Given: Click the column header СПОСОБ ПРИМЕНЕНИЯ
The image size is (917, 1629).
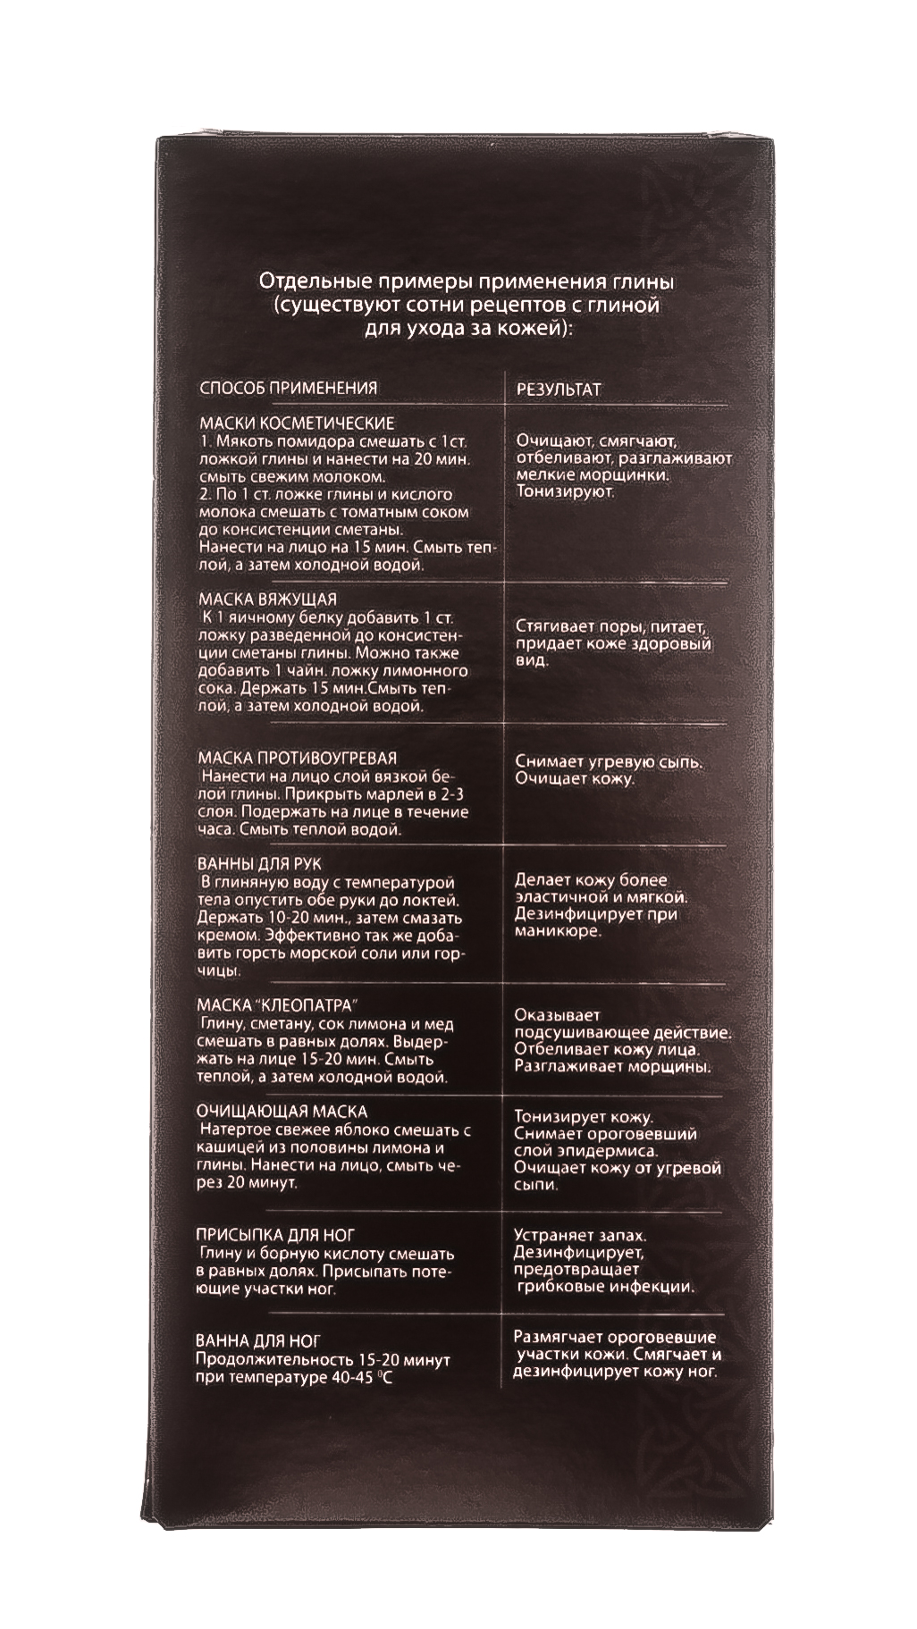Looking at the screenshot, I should (287, 388).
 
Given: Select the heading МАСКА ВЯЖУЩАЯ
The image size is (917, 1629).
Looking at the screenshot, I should (268, 599).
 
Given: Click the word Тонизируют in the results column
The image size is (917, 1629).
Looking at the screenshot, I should (565, 492).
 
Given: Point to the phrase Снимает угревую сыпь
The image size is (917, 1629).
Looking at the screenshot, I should (609, 763).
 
